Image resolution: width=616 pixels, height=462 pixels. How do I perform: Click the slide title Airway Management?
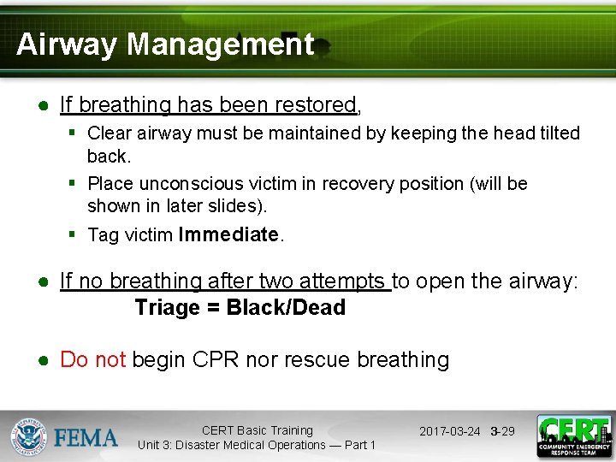165,44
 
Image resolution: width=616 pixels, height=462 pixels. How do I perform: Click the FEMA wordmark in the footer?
86,437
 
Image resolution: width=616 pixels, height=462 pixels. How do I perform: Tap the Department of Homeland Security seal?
29,436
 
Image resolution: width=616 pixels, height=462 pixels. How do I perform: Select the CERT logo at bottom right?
573,435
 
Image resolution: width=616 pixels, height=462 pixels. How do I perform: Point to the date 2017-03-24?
449,431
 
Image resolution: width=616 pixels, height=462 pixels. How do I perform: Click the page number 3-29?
502,431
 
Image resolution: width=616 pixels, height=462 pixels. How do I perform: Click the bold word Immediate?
228,234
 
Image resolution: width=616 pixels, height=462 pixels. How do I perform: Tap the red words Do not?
92,360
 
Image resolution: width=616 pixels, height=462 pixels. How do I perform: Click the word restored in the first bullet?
315,105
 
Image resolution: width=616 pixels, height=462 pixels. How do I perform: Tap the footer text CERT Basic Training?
257,430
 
